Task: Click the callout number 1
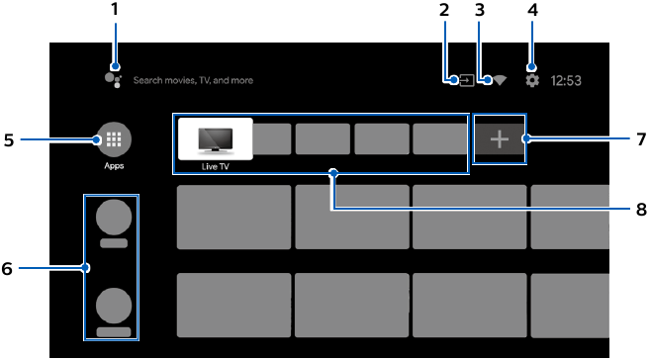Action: coord(114,10)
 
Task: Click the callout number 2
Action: coord(444,10)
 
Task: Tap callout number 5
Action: coord(9,140)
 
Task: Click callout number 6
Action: coord(9,267)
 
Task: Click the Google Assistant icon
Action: coord(113,79)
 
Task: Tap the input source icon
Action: coord(465,80)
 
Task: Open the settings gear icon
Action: coord(532,80)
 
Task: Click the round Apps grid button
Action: coord(113,140)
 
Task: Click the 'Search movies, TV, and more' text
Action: coord(193,80)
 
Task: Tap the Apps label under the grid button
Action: coord(113,167)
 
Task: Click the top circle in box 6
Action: coord(113,217)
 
